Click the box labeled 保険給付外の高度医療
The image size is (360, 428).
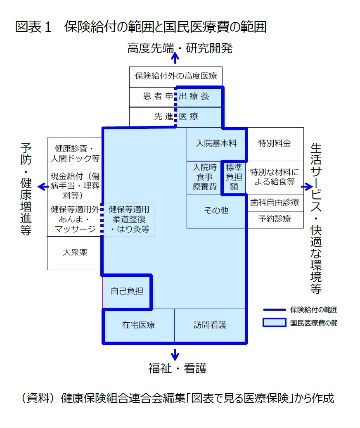(x=175, y=77)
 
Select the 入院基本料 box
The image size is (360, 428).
(x=217, y=144)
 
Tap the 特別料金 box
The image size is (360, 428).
(x=275, y=144)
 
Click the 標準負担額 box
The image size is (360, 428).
(x=234, y=177)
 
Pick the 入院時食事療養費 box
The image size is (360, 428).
(x=204, y=177)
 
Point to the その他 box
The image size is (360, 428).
(x=217, y=211)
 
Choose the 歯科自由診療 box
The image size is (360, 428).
(x=275, y=203)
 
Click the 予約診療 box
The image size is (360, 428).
(x=275, y=220)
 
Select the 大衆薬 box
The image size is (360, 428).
(x=75, y=253)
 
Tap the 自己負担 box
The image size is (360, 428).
(x=127, y=292)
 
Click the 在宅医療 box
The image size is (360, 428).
(x=139, y=326)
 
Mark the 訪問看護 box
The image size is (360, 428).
(x=210, y=326)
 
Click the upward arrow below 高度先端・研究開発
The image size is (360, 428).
(x=175, y=58)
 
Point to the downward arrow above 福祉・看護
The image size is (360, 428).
(x=175, y=354)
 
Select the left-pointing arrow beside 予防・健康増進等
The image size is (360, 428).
(x=43, y=187)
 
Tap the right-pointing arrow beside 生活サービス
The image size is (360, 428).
(x=307, y=187)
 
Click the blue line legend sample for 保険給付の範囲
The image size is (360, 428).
(x=275, y=310)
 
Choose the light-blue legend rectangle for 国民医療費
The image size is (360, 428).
(x=275, y=323)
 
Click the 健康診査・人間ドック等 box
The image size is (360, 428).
(x=75, y=154)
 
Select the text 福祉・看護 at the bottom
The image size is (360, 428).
(x=178, y=369)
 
